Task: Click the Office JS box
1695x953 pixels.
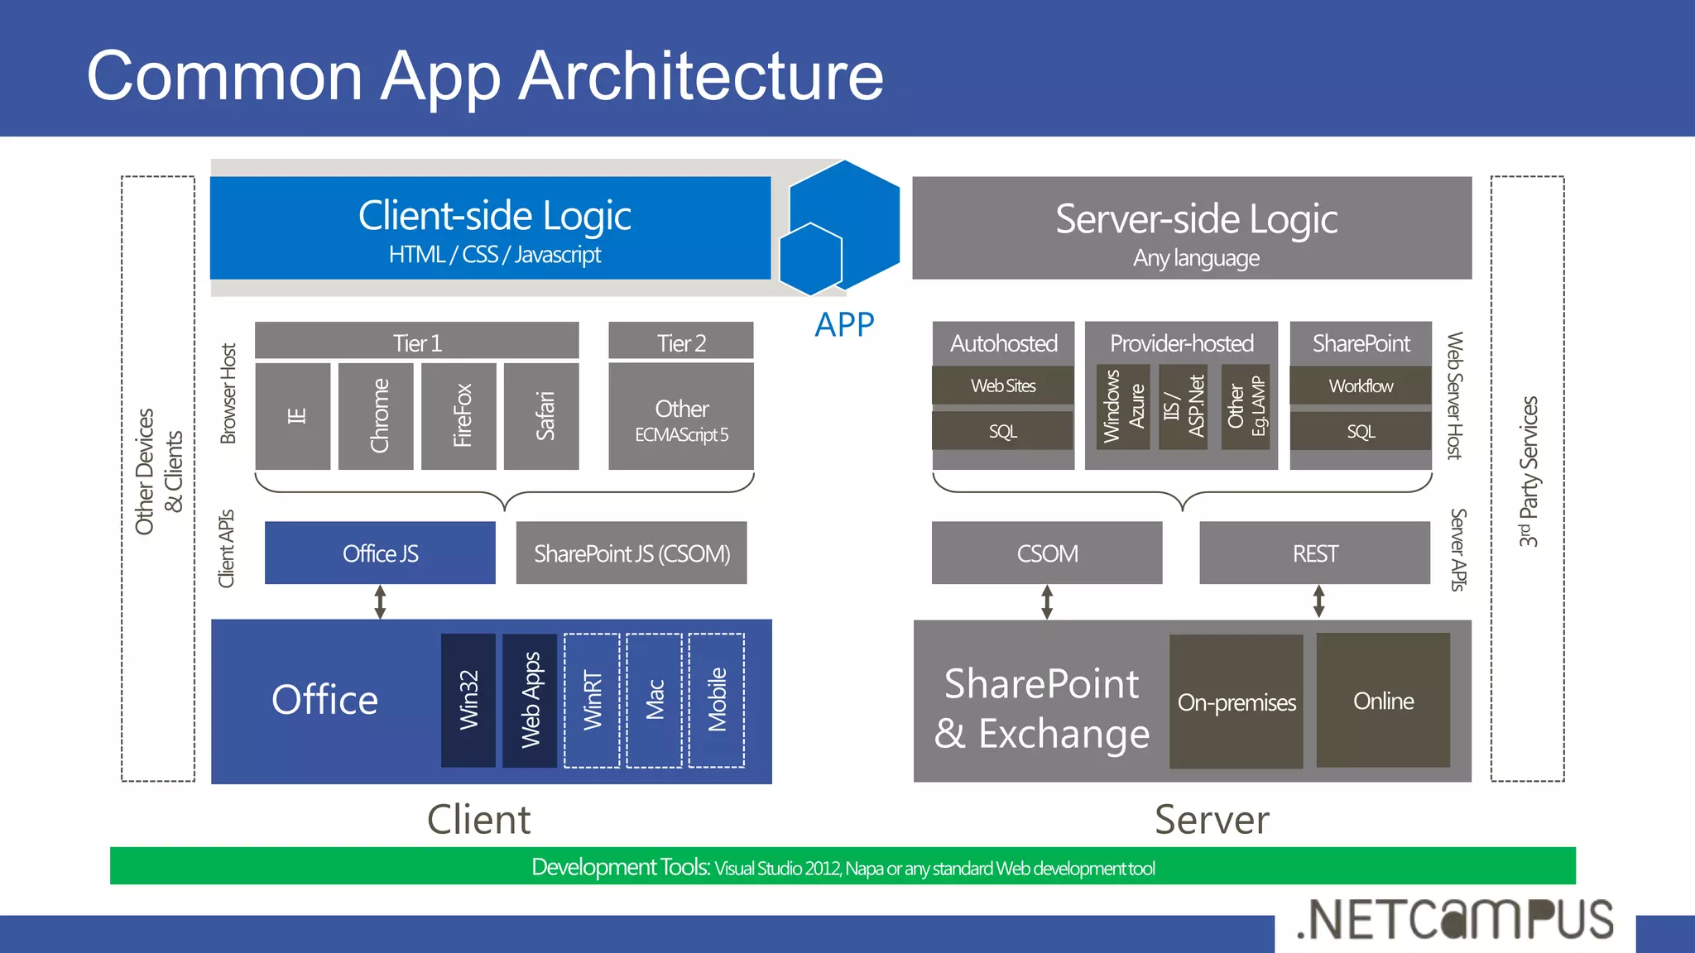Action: pyautogui.click(x=380, y=553)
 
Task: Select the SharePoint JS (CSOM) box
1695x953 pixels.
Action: pyautogui.click(x=631, y=553)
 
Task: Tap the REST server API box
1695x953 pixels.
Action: pyautogui.click(x=1314, y=553)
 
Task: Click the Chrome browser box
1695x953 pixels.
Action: pyautogui.click(x=376, y=416)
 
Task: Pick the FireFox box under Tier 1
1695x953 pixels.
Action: pyautogui.click(x=459, y=416)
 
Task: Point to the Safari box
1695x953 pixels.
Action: pyautogui.click(x=541, y=416)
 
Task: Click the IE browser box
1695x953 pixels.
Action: pyautogui.click(x=293, y=416)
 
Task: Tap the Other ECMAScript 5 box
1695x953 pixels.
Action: pyautogui.click(x=680, y=419)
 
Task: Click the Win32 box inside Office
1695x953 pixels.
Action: pyautogui.click(x=468, y=700)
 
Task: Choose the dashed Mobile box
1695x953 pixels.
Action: pyautogui.click(x=717, y=700)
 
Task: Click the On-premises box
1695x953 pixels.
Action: pyautogui.click(x=1236, y=702)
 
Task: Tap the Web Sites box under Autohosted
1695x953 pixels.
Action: pyautogui.click(x=1002, y=386)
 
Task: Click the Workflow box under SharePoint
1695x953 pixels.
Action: pyautogui.click(x=1361, y=386)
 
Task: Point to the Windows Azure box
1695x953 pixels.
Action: pyautogui.click(x=1123, y=406)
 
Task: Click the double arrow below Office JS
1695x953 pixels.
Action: pyautogui.click(x=380, y=602)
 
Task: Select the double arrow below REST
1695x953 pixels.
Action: pyautogui.click(x=1318, y=601)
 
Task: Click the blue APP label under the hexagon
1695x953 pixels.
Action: pyautogui.click(x=844, y=324)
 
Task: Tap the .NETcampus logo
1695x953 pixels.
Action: pyautogui.click(x=1455, y=920)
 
